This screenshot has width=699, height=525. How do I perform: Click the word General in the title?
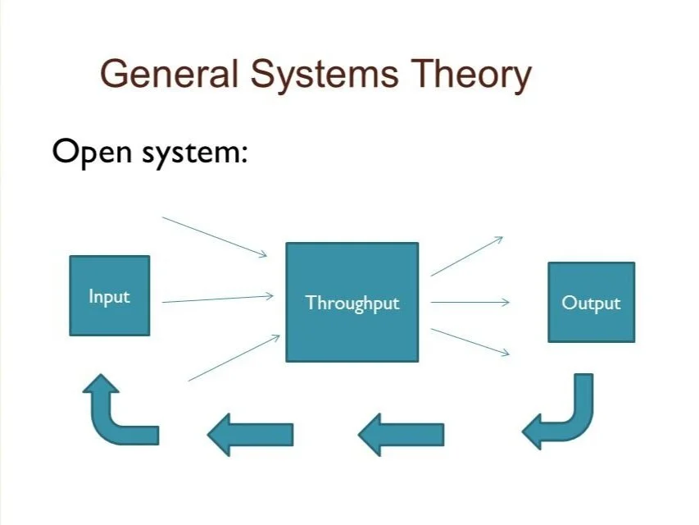[169, 75]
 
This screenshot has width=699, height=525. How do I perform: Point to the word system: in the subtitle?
[192, 153]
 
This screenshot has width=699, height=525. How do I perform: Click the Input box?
[110, 295]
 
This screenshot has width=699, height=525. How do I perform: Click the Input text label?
[110, 296]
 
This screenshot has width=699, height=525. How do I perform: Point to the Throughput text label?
[352, 303]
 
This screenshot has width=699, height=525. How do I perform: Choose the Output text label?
[591, 303]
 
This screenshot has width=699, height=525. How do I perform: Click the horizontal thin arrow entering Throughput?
[218, 299]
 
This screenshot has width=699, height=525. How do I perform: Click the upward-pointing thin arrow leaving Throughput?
[466, 256]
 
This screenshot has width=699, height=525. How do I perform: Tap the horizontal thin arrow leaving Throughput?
[470, 303]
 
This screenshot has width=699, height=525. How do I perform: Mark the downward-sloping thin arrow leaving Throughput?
[470, 342]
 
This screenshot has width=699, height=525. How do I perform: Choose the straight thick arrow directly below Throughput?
[402, 434]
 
